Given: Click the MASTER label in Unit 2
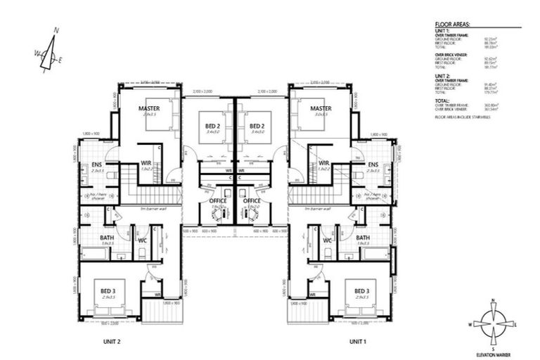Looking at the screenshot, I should (148, 108).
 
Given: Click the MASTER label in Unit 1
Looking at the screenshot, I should (321, 108).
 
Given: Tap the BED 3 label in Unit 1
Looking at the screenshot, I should (362, 291).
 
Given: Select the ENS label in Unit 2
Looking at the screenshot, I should (97, 166).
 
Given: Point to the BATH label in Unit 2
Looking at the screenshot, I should (106, 238).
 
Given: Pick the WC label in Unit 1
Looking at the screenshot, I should (328, 241).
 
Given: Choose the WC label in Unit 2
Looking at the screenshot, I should (141, 241).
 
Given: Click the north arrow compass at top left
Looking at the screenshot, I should (48, 51).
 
